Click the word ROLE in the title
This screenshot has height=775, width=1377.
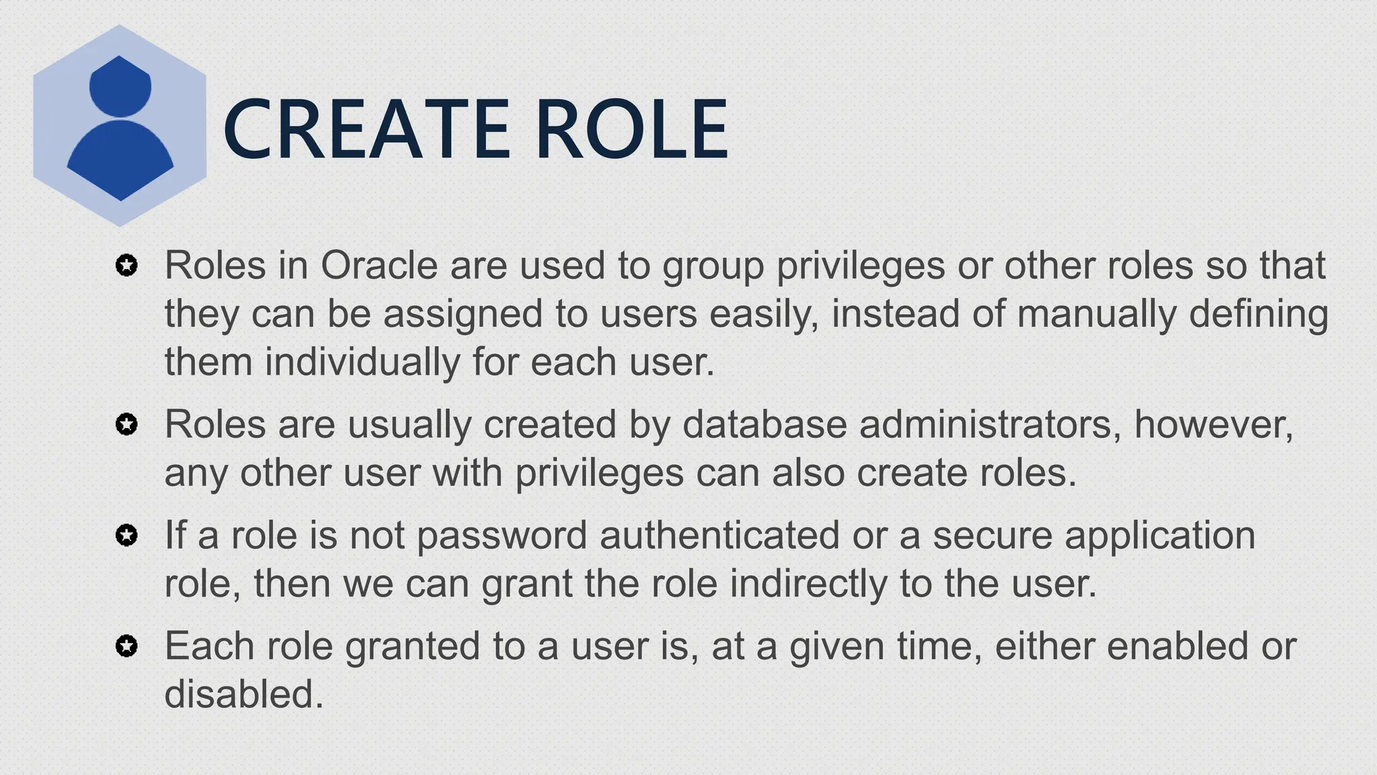[x=632, y=129]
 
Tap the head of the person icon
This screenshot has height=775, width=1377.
[x=120, y=86]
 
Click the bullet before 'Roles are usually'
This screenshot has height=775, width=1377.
[x=126, y=425]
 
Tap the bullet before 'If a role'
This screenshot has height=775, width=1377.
[x=126, y=536]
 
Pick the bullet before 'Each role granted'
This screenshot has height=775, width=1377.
[x=126, y=647]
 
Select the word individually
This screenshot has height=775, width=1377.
[x=362, y=362]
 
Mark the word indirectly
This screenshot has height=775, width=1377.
[x=808, y=584]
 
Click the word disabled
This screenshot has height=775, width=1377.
[x=243, y=694]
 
